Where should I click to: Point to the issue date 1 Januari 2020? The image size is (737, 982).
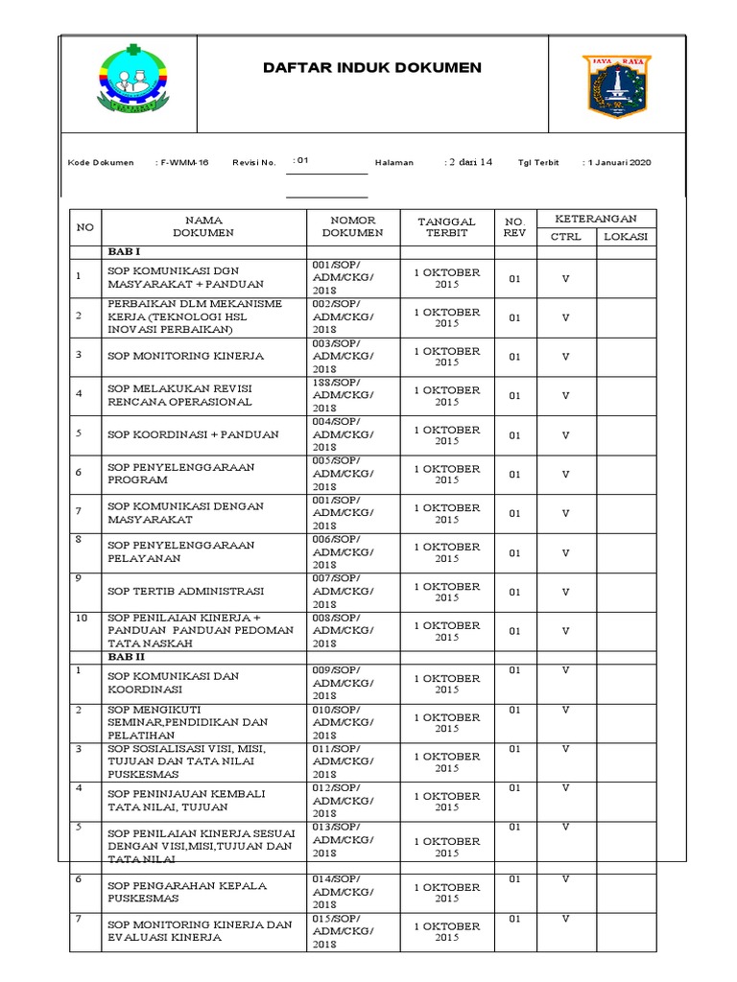618,163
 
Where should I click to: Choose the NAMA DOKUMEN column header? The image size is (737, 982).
203,226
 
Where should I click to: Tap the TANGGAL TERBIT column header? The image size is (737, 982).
446,226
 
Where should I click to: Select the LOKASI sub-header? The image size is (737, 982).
626,236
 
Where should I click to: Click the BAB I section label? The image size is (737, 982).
125,250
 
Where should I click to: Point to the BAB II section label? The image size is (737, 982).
127,658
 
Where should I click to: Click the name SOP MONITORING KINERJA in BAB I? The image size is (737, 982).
185,356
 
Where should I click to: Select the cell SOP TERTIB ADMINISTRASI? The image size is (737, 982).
185,592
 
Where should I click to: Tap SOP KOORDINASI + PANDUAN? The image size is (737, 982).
193,434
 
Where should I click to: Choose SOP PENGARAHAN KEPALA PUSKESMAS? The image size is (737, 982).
187,892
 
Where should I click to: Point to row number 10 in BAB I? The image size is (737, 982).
82,619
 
